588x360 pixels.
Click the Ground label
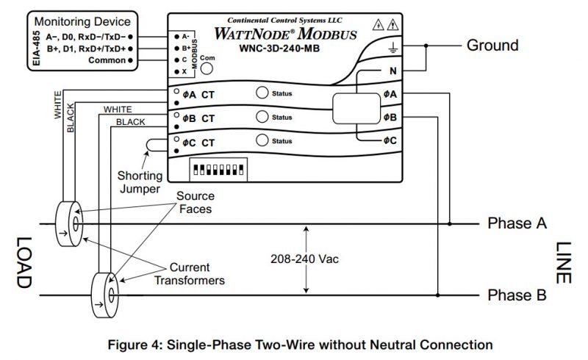[492, 46]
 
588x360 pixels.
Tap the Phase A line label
[517, 223]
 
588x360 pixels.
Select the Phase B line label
[517, 295]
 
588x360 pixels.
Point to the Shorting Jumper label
[139, 182]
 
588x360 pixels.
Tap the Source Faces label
[196, 203]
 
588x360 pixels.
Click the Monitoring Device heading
[82, 22]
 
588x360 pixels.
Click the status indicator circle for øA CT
[262, 94]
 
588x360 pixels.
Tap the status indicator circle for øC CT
[262, 141]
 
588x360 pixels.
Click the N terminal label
[393, 71]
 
